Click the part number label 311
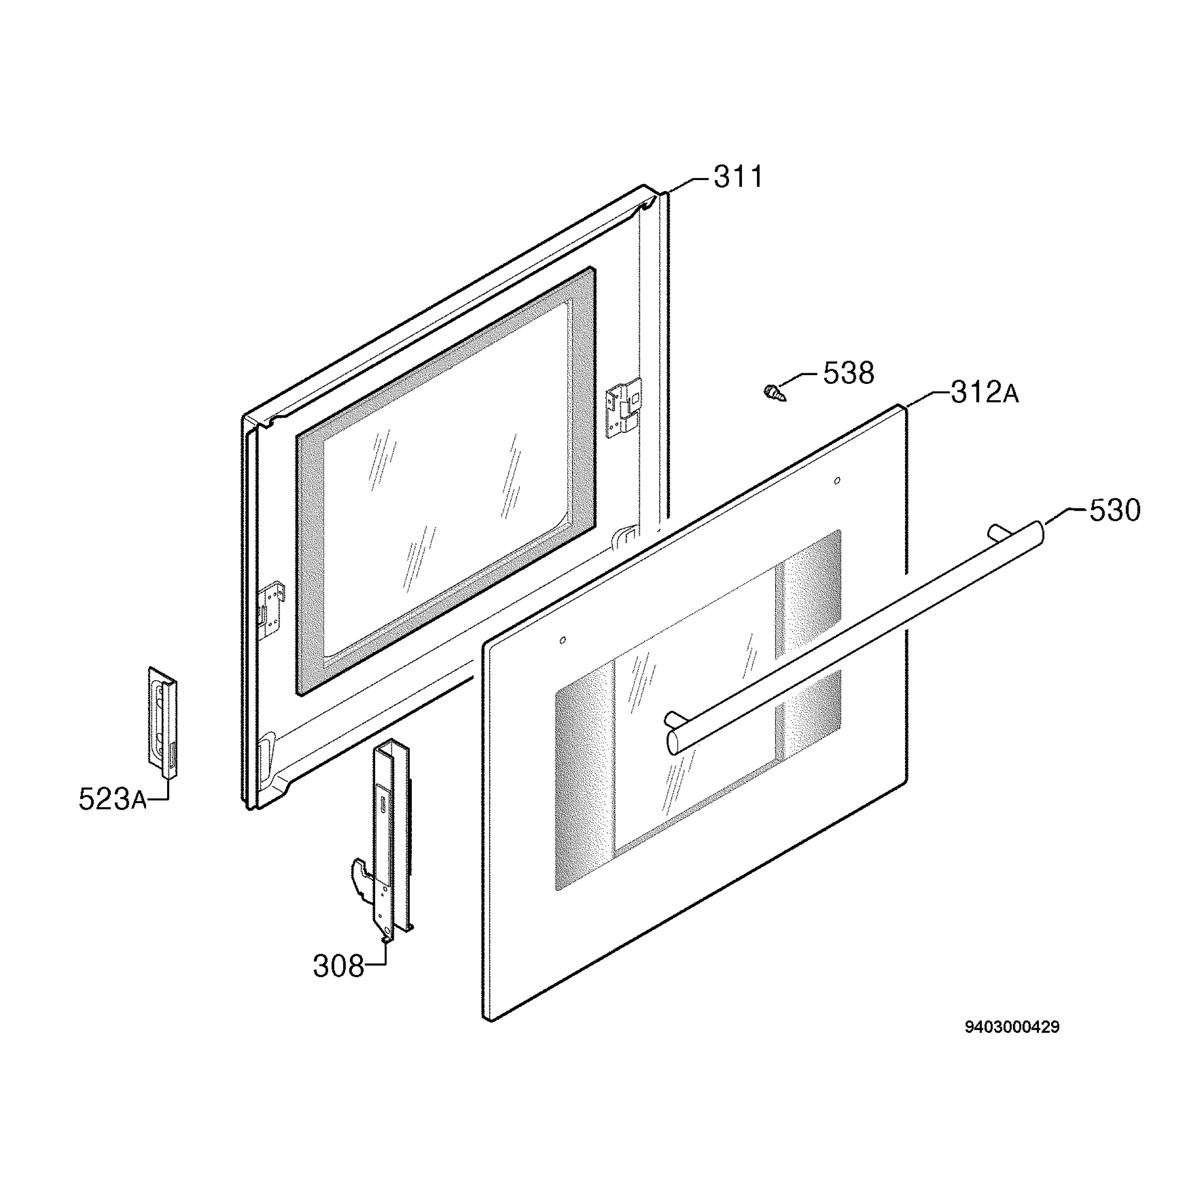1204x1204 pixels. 738,177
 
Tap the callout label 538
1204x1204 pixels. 849,373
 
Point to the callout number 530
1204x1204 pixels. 1115,510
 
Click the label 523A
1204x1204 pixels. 113,799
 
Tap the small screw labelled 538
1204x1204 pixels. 775,393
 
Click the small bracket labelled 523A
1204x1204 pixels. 163,723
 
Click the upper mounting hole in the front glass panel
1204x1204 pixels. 836,481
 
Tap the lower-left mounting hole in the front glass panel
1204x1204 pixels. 563,641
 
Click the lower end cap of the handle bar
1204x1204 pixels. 674,743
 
